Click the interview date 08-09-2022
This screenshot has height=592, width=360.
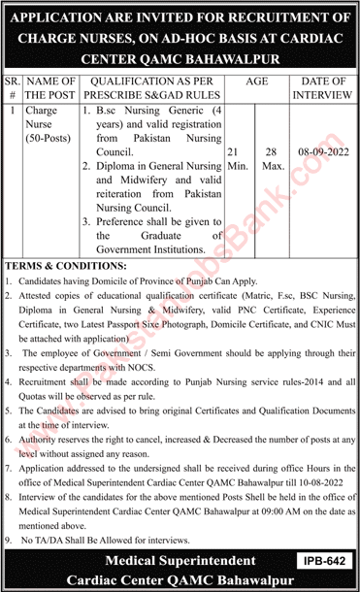[322, 153]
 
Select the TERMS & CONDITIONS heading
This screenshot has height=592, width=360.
[61, 265]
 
